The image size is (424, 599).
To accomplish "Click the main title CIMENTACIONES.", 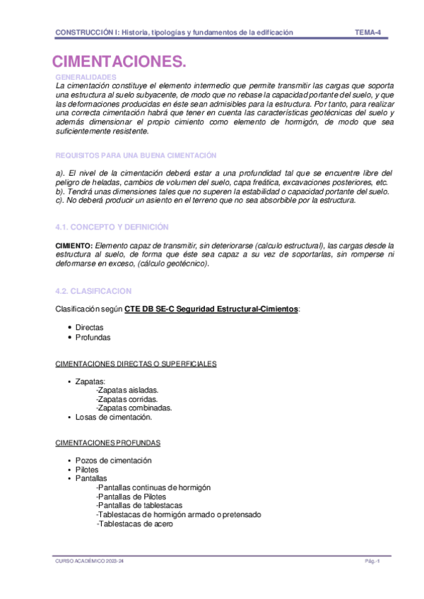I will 119,62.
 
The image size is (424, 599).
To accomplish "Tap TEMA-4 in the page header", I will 368,32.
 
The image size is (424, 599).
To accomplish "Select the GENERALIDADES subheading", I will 86,76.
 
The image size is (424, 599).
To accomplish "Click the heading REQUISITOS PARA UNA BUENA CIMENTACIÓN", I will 136,155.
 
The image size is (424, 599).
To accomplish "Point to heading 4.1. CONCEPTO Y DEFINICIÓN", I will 112,227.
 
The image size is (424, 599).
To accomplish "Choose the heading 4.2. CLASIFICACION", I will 93,291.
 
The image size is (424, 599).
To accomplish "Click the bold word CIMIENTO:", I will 73,244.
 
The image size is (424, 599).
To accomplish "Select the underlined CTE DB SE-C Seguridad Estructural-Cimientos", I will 211,309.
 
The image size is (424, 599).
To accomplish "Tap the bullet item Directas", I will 89,328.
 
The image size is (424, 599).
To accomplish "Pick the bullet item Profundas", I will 93,337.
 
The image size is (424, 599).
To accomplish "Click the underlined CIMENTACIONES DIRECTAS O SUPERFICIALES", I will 136,364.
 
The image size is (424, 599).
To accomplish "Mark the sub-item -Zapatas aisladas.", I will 127,390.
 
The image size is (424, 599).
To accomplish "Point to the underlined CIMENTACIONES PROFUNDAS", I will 107,443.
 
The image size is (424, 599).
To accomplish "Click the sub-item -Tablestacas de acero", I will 134,524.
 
